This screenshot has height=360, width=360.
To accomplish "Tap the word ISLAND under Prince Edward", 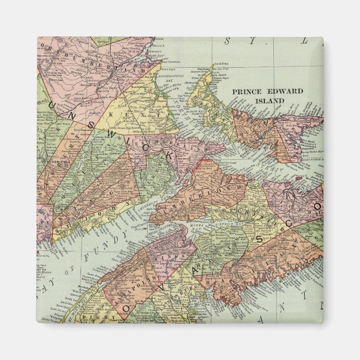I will [x=269, y=101].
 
